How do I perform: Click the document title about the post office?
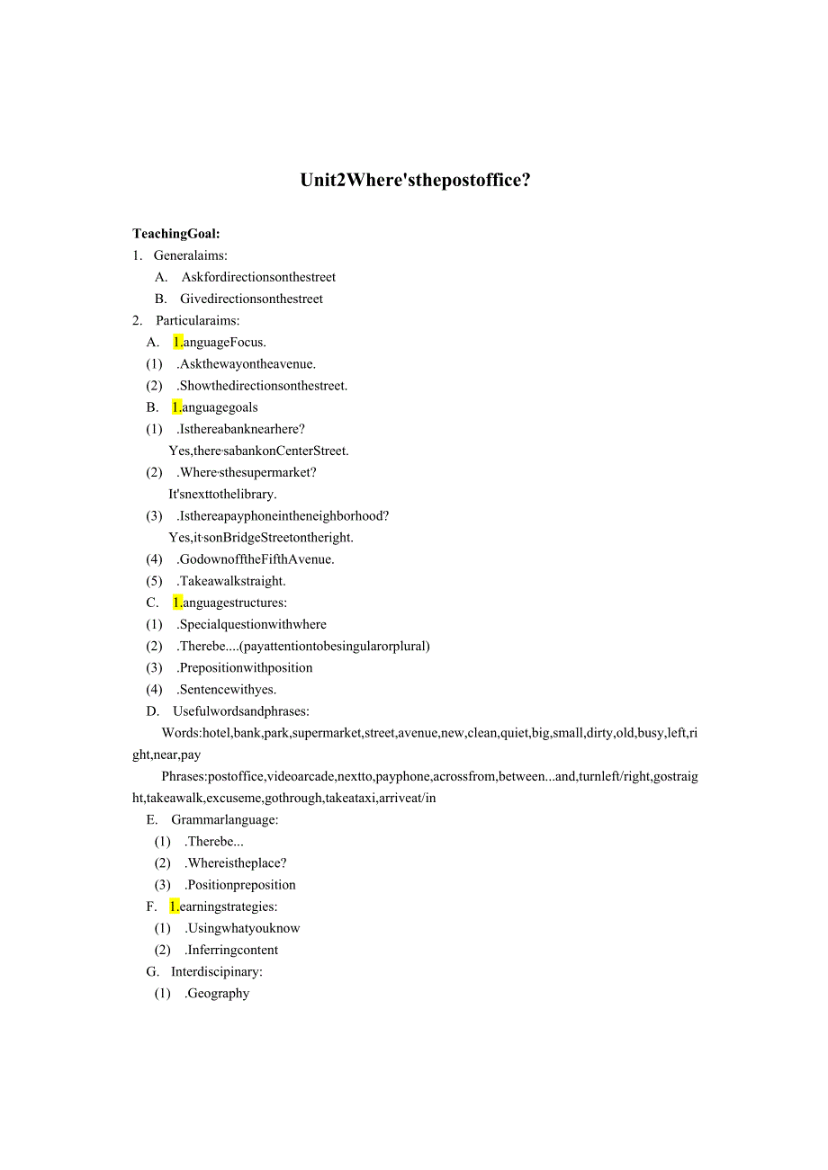point(415,180)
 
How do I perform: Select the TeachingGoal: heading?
point(176,234)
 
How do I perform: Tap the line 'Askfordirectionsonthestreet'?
point(258,277)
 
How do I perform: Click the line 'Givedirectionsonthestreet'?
point(251,299)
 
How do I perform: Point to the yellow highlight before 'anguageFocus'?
point(178,342)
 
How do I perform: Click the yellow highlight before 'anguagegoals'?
point(177,407)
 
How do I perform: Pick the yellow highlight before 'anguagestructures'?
point(177,603)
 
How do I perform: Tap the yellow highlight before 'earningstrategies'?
point(175,907)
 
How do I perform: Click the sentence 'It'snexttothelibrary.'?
point(222,494)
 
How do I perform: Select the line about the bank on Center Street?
point(258,451)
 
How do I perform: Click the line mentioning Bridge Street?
point(261,537)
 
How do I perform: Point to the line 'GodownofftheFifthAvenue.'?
point(256,559)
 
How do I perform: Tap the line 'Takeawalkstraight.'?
point(232,581)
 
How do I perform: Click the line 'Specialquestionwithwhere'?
point(253,624)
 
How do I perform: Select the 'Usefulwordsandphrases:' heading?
point(241,711)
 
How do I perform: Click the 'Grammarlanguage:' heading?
point(225,819)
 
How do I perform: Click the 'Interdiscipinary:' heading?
point(217,971)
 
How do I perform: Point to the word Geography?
point(218,993)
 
